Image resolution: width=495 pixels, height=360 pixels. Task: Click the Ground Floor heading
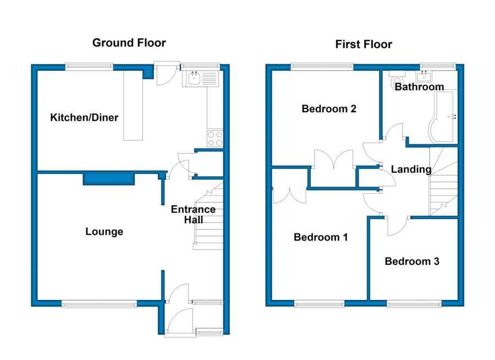click(x=129, y=43)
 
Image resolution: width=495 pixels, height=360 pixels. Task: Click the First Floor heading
click(x=364, y=44)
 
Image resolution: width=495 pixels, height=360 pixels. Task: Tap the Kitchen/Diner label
click(x=84, y=118)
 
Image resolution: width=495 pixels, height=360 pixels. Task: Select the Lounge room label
click(x=104, y=231)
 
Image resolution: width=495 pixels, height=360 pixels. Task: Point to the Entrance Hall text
click(x=193, y=214)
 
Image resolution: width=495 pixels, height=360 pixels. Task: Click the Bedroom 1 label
click(x=321, y=237)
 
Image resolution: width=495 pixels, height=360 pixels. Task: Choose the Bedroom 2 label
click(x=329, y=109)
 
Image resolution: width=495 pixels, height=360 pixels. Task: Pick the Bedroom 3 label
click(x=412, y=261)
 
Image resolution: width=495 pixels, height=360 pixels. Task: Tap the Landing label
click(x=411, y=170)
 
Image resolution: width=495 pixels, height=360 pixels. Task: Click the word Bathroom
click(x=419, y=86)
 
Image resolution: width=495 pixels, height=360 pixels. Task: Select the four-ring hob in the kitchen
click(x=215, y=139)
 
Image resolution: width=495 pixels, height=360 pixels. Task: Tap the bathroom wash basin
click(x=424, y=76)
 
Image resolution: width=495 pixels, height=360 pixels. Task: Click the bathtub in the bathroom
click(x=442, y=116)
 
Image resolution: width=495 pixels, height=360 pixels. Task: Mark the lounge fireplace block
click(x=109, y=178)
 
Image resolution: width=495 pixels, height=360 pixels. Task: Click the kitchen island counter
click(x=133, y=106)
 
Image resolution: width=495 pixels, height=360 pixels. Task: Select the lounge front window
click(x=99, y=304)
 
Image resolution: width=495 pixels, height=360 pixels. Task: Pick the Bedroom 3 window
click(x=414, y=304)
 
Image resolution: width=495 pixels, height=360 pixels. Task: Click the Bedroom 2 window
click(x=322, y=67)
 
